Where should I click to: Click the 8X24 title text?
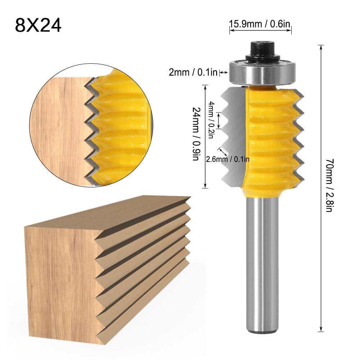(x=38, y=25)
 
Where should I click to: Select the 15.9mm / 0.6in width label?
(x=260, y=25)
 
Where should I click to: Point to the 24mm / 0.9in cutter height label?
(x=196, y=134)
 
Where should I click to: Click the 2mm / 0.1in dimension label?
(x=193, y=73)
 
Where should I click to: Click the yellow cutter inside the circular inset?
(x=119, y=126)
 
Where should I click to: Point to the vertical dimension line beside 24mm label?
(x=205, y=137)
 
